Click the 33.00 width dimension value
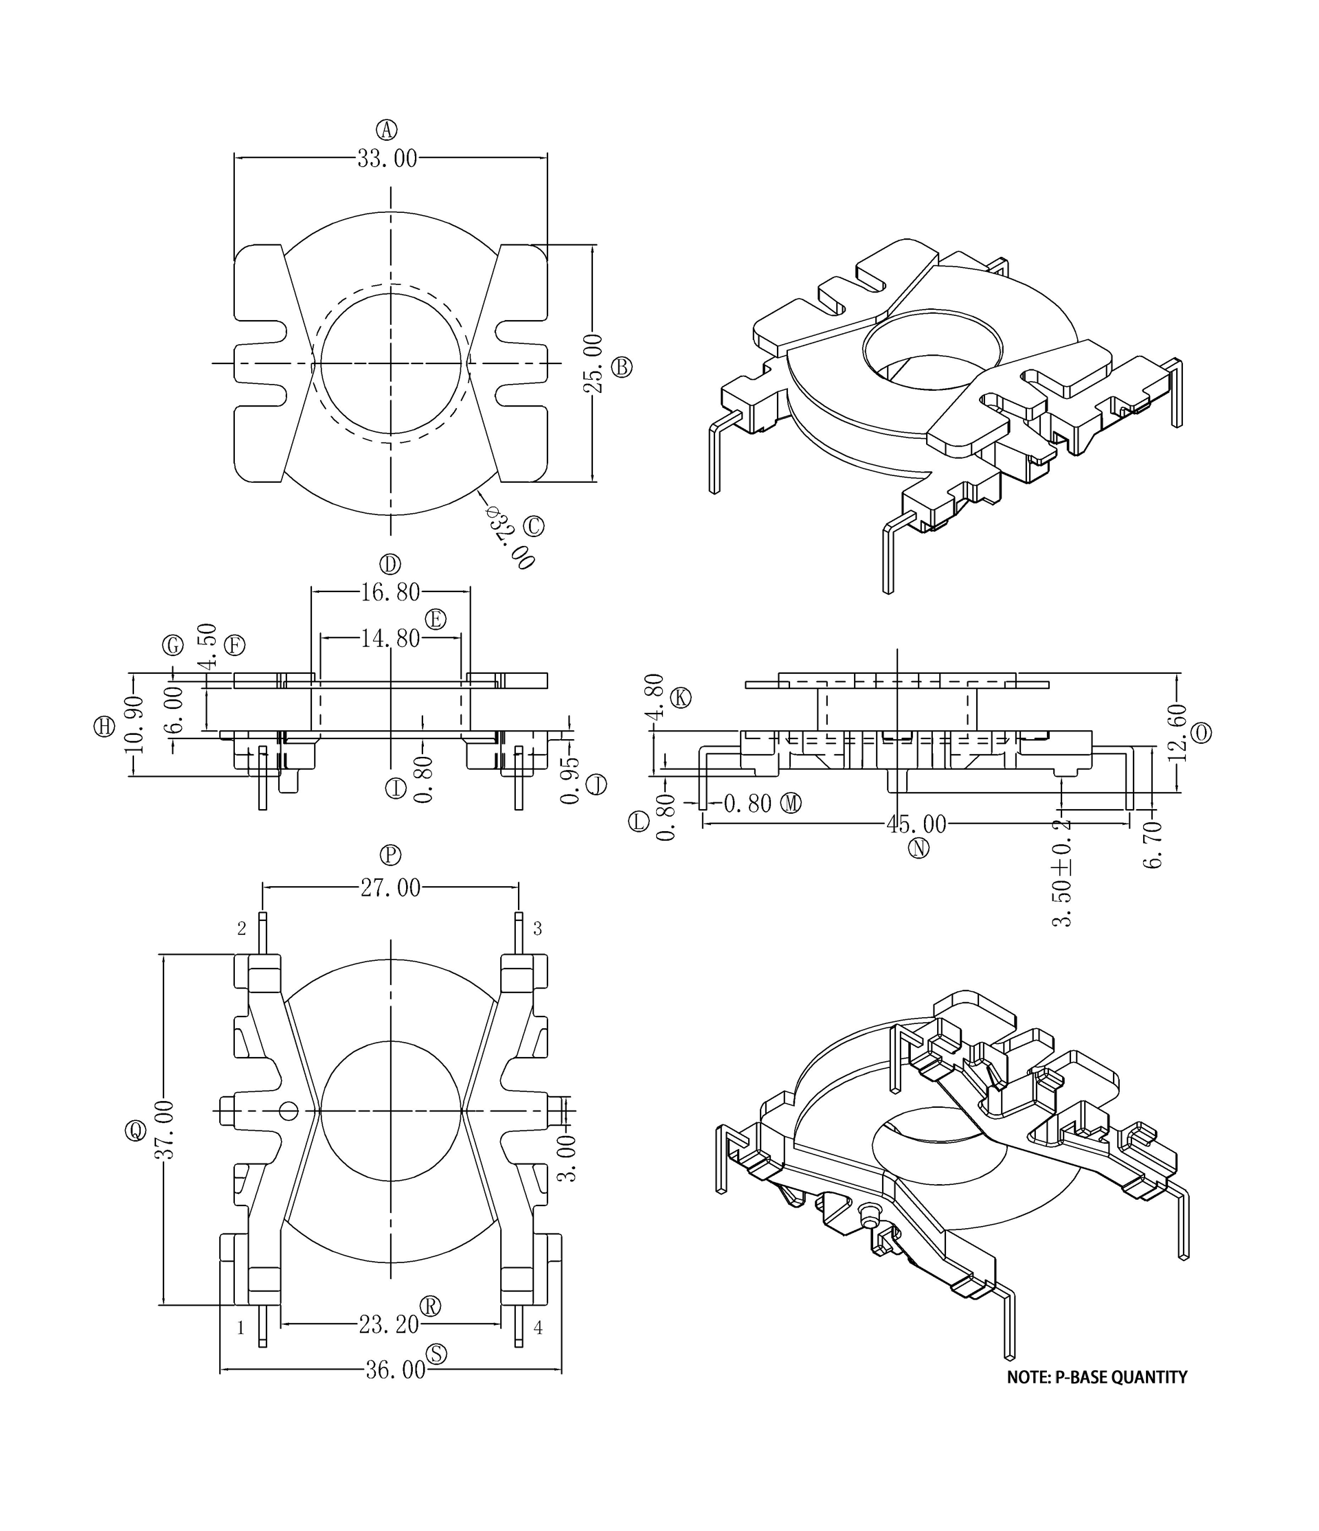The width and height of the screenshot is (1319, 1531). coord(387,158)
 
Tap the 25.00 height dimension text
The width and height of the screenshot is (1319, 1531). coord(594,363)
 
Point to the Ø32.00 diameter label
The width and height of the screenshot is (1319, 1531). coord(510,537)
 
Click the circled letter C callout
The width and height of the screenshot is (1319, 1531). coord(534,526)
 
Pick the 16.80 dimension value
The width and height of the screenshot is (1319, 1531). coord(390,592)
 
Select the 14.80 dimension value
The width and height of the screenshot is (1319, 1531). coord(390,638)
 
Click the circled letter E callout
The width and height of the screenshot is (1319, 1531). coord(436,619)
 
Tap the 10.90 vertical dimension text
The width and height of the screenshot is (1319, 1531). coord(134,724)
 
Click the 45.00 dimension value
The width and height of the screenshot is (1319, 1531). coord(916,824)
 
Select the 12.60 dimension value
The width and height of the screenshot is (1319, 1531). coord(1179,733)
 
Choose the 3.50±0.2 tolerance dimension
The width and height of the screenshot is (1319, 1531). coord(1062,874)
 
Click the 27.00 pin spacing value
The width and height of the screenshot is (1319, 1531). coord(390,887)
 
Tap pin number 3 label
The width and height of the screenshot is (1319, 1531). coord(537,929)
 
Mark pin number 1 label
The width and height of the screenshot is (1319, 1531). coord(240,1328)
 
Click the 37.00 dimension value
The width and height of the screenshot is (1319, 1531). coord(164,1130)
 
